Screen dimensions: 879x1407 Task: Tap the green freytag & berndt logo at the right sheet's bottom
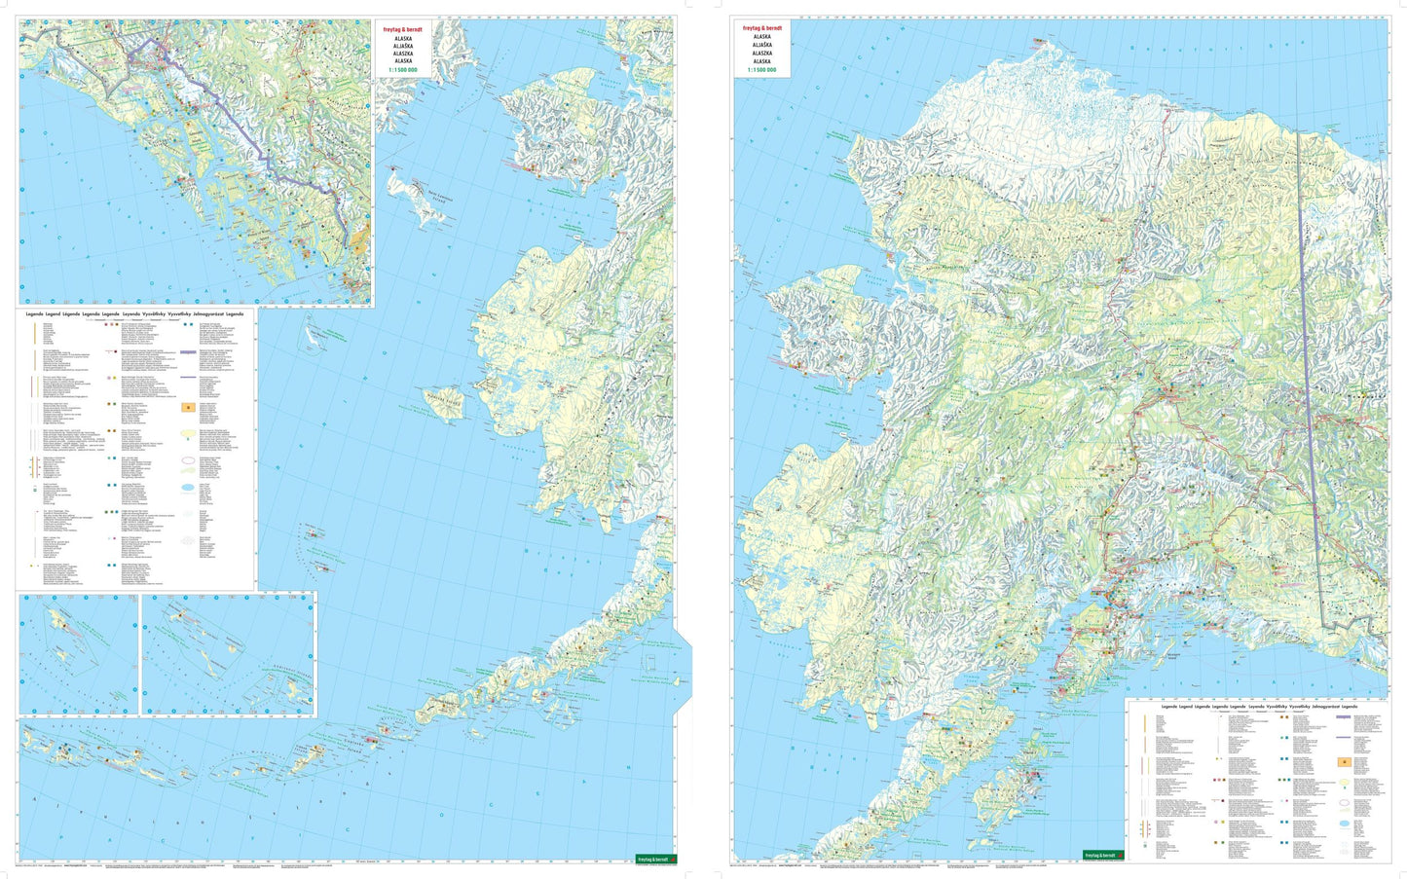click(x=1103, y=855)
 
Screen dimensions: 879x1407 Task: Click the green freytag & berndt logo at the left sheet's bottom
click(x=656, y=859)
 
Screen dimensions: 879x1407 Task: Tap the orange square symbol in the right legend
click(x=1345, y=762)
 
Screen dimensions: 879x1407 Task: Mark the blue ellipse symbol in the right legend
click(x=1345, y=824)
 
